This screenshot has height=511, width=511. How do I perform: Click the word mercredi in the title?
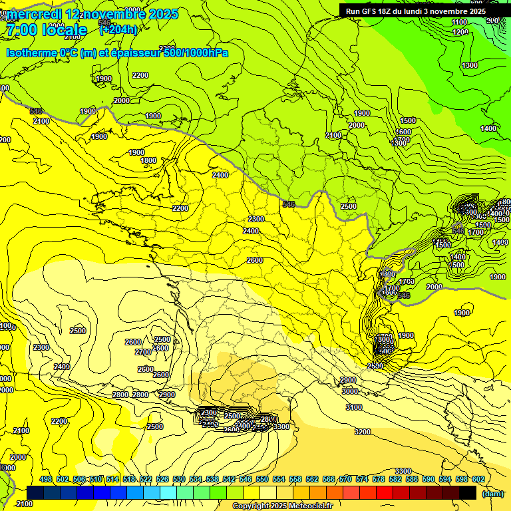[34, 15]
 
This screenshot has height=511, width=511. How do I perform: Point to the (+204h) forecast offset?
[118, 29]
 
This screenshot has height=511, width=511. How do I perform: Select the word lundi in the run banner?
[411, 11]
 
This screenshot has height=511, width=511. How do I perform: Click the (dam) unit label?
[492, 493]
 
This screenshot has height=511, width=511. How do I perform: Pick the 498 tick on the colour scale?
[46, 479]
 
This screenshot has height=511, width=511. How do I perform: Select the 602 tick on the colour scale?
[478, 479]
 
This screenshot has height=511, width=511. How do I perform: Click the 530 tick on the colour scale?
[179, 479]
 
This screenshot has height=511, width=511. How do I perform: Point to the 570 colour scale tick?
[345, 479]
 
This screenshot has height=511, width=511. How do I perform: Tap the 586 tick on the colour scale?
[411, 479]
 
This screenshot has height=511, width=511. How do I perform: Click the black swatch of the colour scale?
[467, 492]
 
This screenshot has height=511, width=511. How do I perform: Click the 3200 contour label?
[363, 432]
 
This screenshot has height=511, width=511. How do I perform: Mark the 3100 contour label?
[354, 407]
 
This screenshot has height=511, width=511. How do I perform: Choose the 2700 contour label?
[143, 352]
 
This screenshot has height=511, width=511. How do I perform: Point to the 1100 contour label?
[460, 22]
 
